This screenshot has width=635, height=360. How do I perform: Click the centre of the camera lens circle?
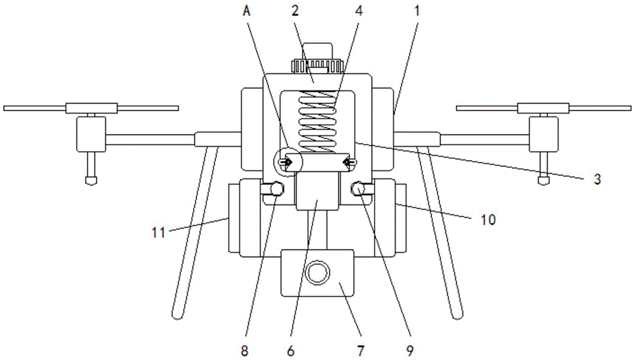tap(317, 272)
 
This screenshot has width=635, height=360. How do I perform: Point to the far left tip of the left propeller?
tap(4, 109)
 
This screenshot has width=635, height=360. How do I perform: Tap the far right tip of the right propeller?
tap(631, 108)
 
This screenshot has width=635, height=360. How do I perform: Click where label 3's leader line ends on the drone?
tap(355, 143)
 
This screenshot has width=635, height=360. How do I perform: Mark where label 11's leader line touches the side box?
tap(229, 218)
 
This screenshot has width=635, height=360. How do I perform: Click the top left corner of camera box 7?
tap(280, 250)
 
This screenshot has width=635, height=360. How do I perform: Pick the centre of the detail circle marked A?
tap(288, 163)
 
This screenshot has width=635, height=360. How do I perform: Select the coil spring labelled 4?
tap(317, 122)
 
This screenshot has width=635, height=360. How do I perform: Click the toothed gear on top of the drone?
tap(317, 65)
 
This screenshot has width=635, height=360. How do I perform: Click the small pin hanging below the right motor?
tap(544, 168)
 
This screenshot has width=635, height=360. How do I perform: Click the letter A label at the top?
tap(246, 11)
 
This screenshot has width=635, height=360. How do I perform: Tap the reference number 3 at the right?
tap(598, 179)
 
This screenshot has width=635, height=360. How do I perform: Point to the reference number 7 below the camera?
tap(361, 350)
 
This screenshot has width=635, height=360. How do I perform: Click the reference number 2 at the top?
tap(295, 11)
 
